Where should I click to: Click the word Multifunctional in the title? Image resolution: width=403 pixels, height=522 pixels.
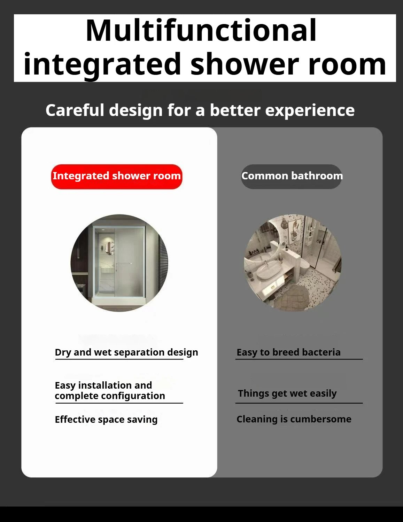point(201,31)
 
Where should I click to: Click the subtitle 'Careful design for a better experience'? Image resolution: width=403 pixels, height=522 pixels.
point(200,110)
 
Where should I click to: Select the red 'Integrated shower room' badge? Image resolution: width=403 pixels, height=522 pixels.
point(117,176)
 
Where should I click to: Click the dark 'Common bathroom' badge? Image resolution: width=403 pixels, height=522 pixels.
point(292,176)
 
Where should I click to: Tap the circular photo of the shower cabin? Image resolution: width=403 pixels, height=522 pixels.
point(119,263)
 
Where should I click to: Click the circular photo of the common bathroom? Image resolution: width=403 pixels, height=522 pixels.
point(293,263)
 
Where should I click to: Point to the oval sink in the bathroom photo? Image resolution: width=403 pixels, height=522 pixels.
point(270,272)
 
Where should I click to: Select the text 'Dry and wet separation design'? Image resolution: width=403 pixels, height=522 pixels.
point(126,352)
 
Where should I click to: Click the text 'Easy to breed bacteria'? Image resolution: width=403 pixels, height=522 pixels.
point(288,352)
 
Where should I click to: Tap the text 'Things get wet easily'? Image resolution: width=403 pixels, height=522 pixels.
point(287,394)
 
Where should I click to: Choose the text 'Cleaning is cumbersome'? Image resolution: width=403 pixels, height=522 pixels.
point(294,419)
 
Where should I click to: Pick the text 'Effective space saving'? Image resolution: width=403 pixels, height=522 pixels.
point(106,420)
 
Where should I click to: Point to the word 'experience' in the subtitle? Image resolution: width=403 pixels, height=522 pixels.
point(310,111)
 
